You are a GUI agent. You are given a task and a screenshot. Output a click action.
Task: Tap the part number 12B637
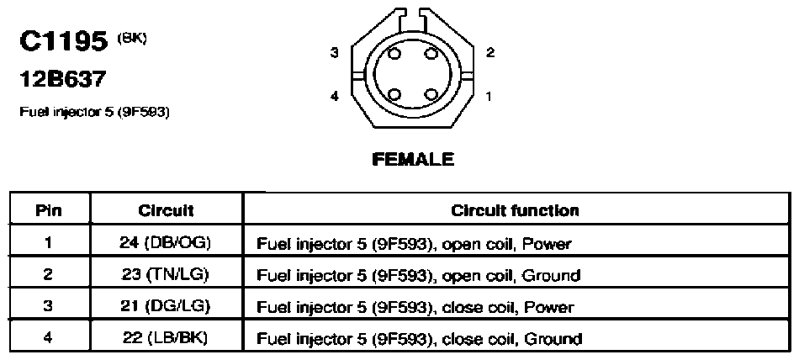(x=63, y=80)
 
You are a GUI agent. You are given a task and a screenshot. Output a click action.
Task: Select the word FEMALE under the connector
(x=413, y=160)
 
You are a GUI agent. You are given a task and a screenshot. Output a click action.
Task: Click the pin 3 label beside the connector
(x=334, y=52)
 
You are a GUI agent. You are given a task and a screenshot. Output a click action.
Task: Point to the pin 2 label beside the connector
(x=489, y=52)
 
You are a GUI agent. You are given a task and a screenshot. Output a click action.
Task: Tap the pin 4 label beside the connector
(x=334, y=95)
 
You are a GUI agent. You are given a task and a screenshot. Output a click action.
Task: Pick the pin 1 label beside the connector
(x=489, y=95)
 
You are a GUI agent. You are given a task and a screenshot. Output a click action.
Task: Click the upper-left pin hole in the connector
(x=394, y=54)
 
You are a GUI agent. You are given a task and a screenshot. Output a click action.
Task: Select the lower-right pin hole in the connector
(x=431, y=94)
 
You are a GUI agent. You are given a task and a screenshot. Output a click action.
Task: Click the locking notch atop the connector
(x=413, y=19)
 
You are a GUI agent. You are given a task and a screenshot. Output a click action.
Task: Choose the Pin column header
(x=49, y=210)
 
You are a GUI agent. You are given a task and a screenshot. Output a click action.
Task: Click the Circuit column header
(x=166, y=210)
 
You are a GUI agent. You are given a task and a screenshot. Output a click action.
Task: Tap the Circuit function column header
(x=516, y=210)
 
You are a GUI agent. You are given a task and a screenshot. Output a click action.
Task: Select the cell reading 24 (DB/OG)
(x=165, y=243)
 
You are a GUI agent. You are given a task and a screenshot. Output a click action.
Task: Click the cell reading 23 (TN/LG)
(x=166, y=274)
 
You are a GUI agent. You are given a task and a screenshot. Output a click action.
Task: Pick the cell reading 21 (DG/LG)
(x=166, y=306)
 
